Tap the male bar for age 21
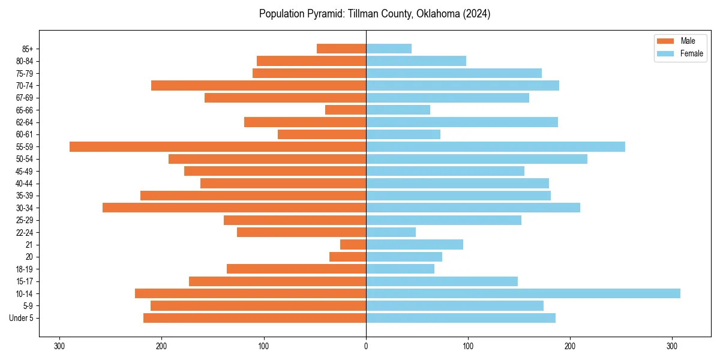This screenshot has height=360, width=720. click(x=353, y=244)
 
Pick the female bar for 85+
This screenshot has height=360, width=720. click(x=389, y=49)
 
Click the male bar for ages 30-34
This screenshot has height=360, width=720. click(x=234, y=208)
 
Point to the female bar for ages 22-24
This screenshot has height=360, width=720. click(x=391, y=232)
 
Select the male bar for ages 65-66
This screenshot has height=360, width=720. click(x=346, y=110)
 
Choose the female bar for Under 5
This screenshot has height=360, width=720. click(x=461, y=318)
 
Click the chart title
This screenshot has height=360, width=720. click(x=374, y=14)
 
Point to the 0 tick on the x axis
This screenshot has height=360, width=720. click(x=366, y=346)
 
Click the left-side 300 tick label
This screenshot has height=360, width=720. click(x=59, y=346)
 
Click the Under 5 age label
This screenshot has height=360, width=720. click(x=22, y=318)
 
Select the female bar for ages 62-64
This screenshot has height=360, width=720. click(x=462, y=122)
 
